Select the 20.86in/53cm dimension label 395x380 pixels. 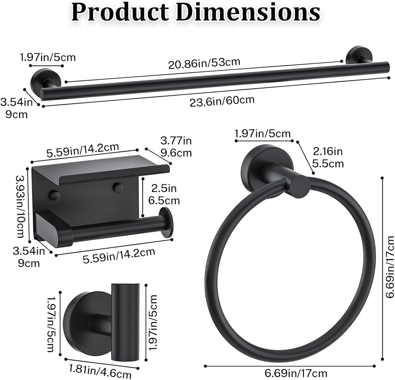coord(204,63)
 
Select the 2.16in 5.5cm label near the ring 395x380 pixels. coord(328,157)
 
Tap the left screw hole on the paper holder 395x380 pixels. coord(54,195)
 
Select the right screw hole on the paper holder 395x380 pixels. coord(118,188)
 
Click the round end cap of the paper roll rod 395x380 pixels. coord(167,222)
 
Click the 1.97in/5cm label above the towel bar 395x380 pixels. coord(47,58)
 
